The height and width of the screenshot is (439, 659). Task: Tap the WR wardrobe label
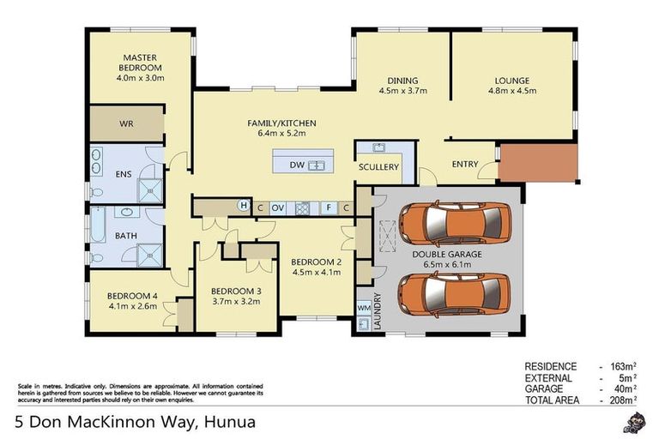point(126,124)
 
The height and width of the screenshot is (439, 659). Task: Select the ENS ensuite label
point(124,173)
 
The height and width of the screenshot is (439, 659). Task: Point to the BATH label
point(126,235)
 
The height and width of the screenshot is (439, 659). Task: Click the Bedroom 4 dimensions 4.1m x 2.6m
point(133,305)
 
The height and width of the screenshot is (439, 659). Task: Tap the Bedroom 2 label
point(317,262)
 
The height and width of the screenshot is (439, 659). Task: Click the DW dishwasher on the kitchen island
point(297,165)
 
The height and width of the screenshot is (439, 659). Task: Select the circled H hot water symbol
point(243,207)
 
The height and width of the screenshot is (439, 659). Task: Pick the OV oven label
point(277,207)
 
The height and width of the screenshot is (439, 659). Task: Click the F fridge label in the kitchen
point(326,207)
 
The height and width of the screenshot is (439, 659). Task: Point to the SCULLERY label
point(378,167)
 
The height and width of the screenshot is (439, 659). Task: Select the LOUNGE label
point(511,81)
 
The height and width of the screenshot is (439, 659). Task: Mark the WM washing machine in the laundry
point(364,306)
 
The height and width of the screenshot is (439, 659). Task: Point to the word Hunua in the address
point(229,422)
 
